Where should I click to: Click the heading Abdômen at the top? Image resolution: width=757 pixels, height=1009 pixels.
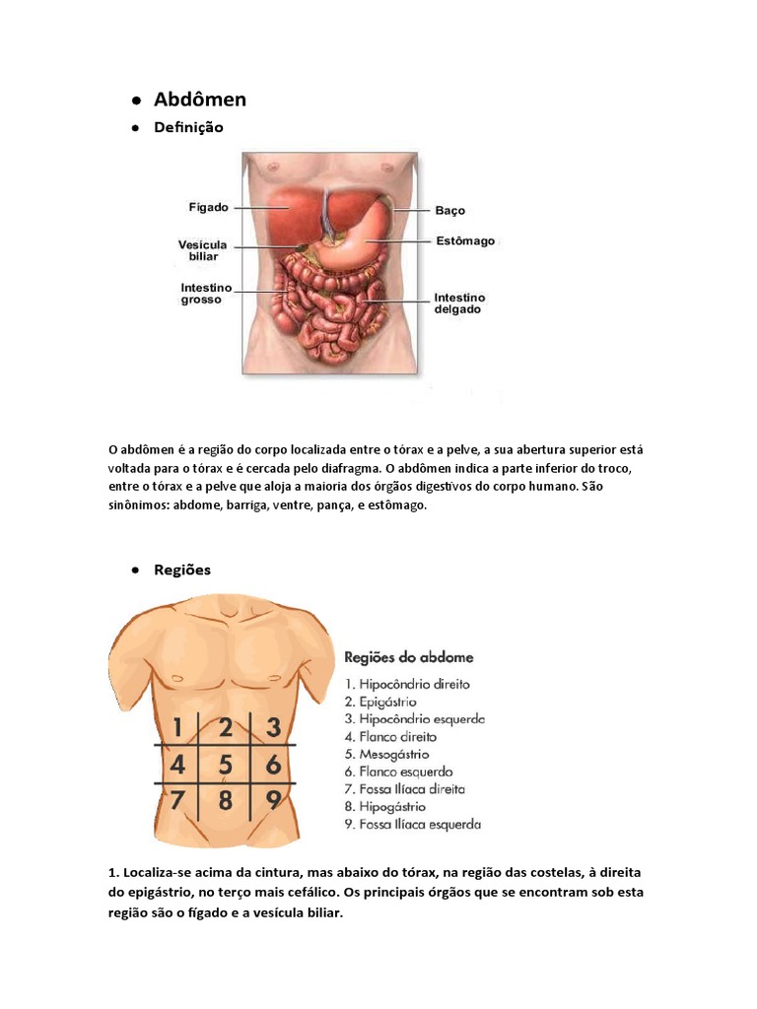200,100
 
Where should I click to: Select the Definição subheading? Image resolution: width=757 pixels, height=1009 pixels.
189,127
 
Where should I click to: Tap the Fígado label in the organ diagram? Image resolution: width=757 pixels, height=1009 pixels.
208,208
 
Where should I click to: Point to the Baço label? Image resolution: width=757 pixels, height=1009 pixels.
449,210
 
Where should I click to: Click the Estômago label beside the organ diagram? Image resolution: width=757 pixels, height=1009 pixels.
464,240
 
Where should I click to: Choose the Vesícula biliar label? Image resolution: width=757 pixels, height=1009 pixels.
202,250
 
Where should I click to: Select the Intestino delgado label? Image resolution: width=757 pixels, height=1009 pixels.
459,303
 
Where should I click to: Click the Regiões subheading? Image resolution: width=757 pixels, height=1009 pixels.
182,570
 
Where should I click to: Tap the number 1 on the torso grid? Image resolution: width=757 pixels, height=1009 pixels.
177,728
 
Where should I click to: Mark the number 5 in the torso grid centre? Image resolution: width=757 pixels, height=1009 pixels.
226,765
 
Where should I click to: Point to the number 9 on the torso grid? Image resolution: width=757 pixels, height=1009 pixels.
274,799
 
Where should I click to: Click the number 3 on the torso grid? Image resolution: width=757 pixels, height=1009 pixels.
274,728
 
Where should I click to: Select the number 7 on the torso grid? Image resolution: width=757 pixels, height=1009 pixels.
177,799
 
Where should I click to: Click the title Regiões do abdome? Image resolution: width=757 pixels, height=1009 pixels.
408,656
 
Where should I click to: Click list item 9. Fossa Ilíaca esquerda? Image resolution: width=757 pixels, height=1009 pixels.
412,824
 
